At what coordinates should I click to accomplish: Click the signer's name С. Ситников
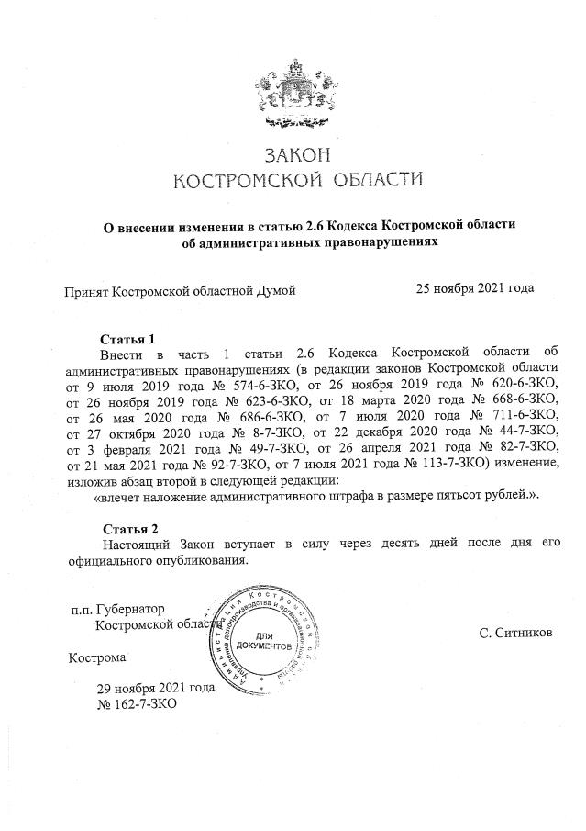tap(515, 633)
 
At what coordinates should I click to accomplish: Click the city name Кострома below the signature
tap(97, 657)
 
